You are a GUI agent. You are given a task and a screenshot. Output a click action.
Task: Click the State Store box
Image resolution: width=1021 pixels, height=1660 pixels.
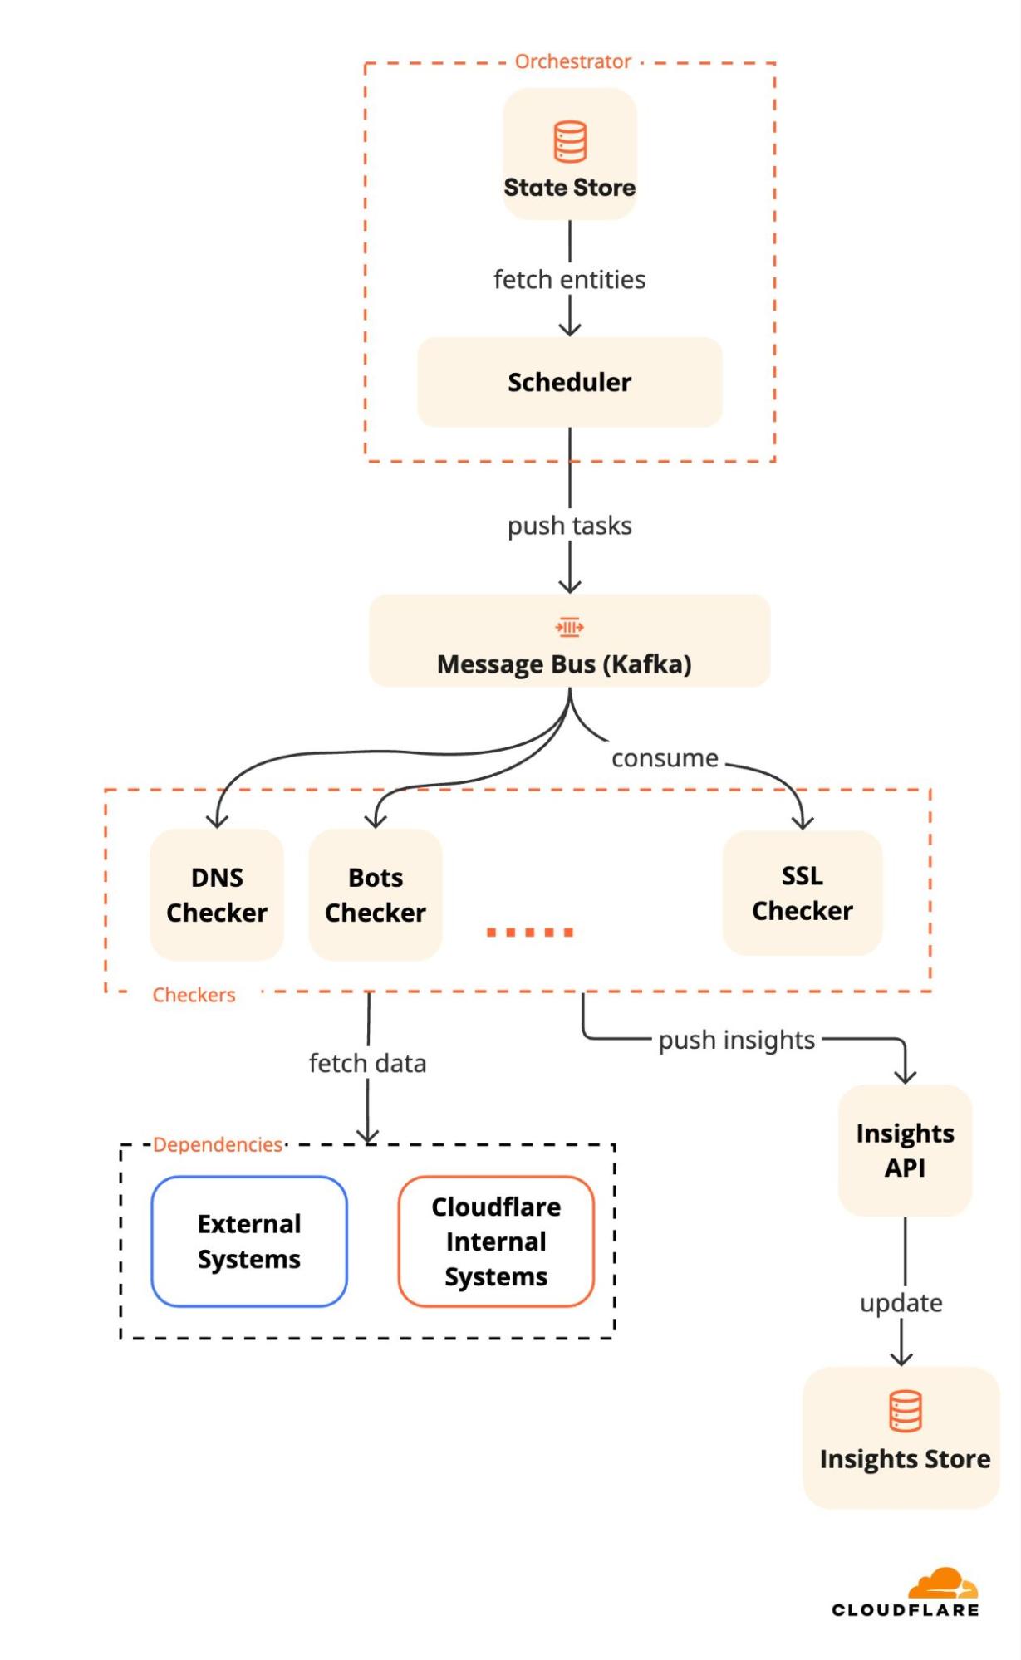[x=570, y=154]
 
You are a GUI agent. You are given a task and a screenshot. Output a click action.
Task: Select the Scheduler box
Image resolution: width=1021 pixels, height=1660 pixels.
[x=570, y=382]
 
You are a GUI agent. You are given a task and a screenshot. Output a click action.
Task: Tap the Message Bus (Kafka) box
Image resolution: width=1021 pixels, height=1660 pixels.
[x=570, y=640]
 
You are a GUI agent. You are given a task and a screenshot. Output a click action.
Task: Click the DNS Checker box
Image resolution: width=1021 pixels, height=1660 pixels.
[x=217, y=894]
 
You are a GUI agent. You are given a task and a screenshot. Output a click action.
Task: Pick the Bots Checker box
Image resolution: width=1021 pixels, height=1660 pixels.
[x=376, y=894]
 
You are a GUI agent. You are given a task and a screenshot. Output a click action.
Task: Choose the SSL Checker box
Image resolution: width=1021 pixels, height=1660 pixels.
[x=803, y=893]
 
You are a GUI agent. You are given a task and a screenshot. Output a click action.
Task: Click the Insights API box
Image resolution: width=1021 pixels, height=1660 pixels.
[x=905, y=1150]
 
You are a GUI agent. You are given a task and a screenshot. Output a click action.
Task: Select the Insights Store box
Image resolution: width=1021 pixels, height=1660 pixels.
[x=901, y=1437]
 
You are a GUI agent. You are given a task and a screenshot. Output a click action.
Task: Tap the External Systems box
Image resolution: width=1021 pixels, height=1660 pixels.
[x=249, y=1241]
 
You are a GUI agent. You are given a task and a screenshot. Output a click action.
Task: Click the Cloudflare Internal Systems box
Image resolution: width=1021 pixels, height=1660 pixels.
[x=496, y=1241]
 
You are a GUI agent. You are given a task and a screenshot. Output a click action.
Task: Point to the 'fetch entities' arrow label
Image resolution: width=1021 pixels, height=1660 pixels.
[x=570, y=280]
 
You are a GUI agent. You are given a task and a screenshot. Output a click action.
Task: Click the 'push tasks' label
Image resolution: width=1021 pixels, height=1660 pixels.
[x=570, y=526]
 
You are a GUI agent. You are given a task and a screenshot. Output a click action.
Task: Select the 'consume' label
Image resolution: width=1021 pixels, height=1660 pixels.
[x=665, y=758]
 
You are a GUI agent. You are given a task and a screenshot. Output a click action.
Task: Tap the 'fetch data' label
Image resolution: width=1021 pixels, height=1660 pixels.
[x=367, y=1063]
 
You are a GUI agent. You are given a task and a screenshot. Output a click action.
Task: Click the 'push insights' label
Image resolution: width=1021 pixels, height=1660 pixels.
[x=737, y=1041]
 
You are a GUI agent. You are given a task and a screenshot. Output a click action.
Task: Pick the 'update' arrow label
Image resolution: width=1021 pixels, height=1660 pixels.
[x=901, y=1303]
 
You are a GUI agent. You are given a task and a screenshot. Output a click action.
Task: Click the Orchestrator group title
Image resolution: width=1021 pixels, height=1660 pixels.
[x=573, y=61]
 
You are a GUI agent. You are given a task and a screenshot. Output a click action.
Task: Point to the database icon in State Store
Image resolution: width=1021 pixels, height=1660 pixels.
[x=570, y=141]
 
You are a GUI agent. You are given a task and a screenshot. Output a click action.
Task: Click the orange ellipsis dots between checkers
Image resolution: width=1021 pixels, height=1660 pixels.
[x=530, y=933]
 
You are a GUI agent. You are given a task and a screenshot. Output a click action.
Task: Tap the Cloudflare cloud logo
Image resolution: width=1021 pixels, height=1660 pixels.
[x=944, y=1584]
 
